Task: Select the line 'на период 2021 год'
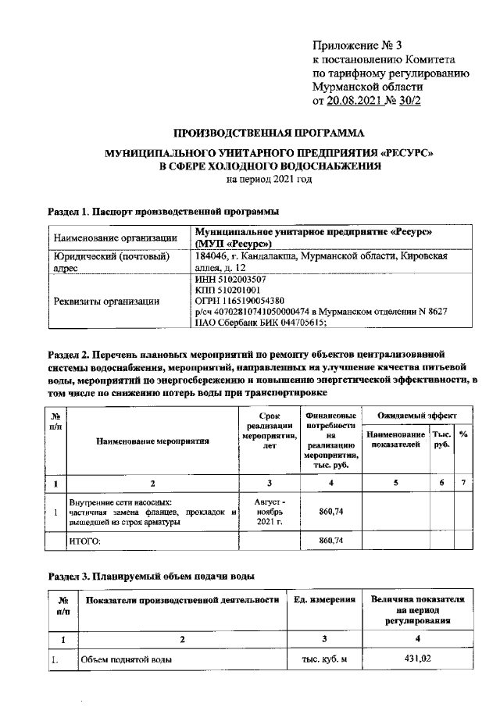pyautogui.click(x=269, y=179)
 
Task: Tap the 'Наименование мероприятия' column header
pyautogui.click(x=152, y=442)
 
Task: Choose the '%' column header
pyautogui.click(x=463, y=434)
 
